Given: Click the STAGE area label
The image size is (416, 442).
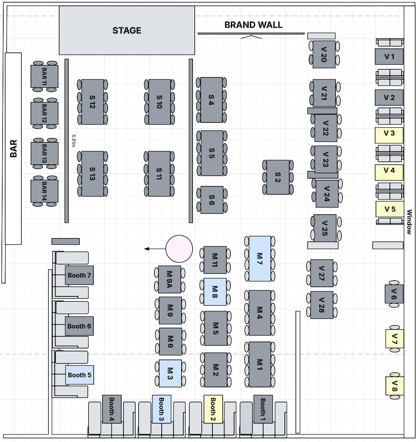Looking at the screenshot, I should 127,30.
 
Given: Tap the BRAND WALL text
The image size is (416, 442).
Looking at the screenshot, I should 253,25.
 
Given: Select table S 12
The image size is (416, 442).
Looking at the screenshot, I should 92,102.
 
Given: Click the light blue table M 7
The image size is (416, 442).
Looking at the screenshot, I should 260,259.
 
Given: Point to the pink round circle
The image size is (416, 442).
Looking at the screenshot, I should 179,249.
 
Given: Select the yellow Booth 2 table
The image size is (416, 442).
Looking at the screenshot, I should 213,409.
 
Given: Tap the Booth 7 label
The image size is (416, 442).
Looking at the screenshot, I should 79,275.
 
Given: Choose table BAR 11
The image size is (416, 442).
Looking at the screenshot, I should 44,76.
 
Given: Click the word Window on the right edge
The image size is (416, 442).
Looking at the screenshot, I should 409,222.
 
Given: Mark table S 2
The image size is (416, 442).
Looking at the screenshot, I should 278,177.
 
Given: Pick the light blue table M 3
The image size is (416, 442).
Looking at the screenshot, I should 170,373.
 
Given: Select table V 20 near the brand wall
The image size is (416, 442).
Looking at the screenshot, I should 324,54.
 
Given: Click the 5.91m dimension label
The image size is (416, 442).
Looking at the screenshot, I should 73,140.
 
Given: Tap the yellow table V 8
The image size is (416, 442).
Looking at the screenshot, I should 395,386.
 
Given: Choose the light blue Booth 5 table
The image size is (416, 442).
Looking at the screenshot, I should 79,375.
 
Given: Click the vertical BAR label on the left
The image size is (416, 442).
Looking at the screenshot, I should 13,149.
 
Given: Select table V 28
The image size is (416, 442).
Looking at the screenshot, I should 322,305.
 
